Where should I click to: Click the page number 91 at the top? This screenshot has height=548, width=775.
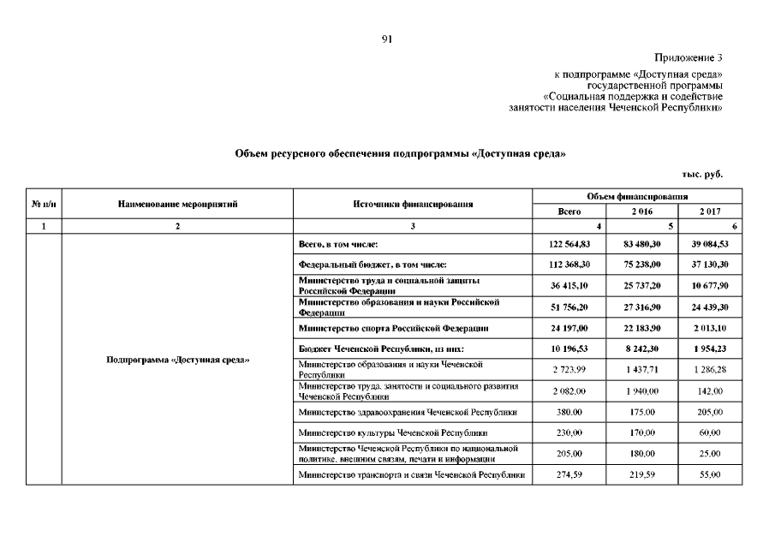(x=387, y=39)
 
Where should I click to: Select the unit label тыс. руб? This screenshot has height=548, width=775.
(x=702, y=174)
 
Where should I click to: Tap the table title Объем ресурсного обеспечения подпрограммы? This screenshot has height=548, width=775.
(x=400, y=153)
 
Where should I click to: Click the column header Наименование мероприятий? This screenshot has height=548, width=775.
(x=177, y=204)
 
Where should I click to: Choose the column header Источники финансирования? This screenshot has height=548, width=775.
(x=413, y=204)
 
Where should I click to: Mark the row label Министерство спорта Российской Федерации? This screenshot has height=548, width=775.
(x=393, y=328)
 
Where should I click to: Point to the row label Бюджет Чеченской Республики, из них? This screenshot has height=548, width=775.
(x=382, y=349)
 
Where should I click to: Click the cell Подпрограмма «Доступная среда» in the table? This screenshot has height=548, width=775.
(x=177, y=360)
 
